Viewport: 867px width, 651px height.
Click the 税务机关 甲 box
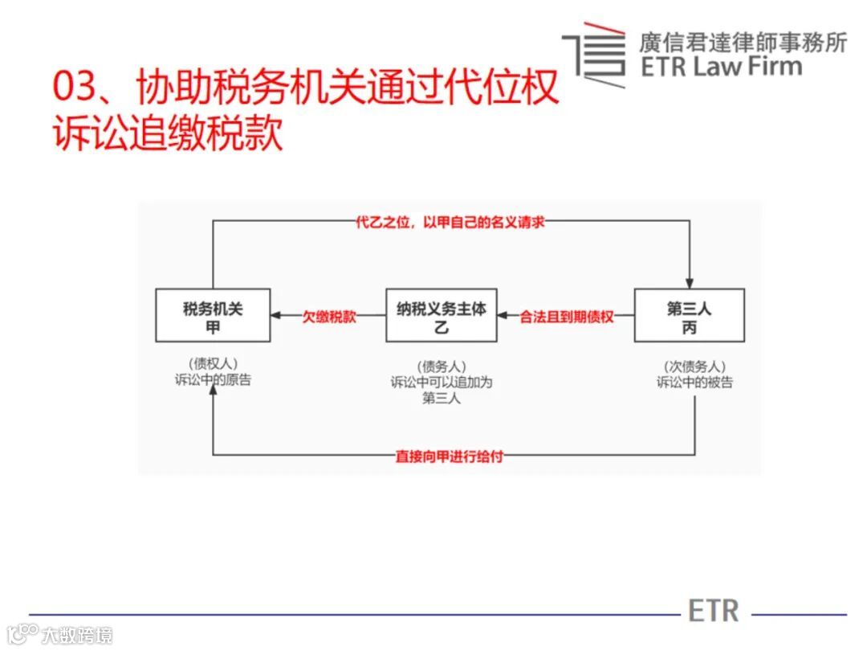213,316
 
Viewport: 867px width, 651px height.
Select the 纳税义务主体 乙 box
441,316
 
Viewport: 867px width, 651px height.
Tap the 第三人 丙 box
689,316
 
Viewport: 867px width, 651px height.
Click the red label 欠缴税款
328,317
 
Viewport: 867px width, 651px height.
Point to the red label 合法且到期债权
567,317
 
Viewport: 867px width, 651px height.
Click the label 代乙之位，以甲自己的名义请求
450,222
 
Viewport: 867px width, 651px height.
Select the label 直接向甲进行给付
450,456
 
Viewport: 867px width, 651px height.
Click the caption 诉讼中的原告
213,380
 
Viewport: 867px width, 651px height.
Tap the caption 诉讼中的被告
694,383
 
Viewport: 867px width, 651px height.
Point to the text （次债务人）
694,366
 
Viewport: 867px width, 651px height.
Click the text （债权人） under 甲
213,363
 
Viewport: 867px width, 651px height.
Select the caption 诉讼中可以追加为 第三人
441,390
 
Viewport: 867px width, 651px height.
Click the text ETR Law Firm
721,66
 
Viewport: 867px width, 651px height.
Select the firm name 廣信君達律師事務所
742,41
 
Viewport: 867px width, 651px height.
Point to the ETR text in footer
713,611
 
